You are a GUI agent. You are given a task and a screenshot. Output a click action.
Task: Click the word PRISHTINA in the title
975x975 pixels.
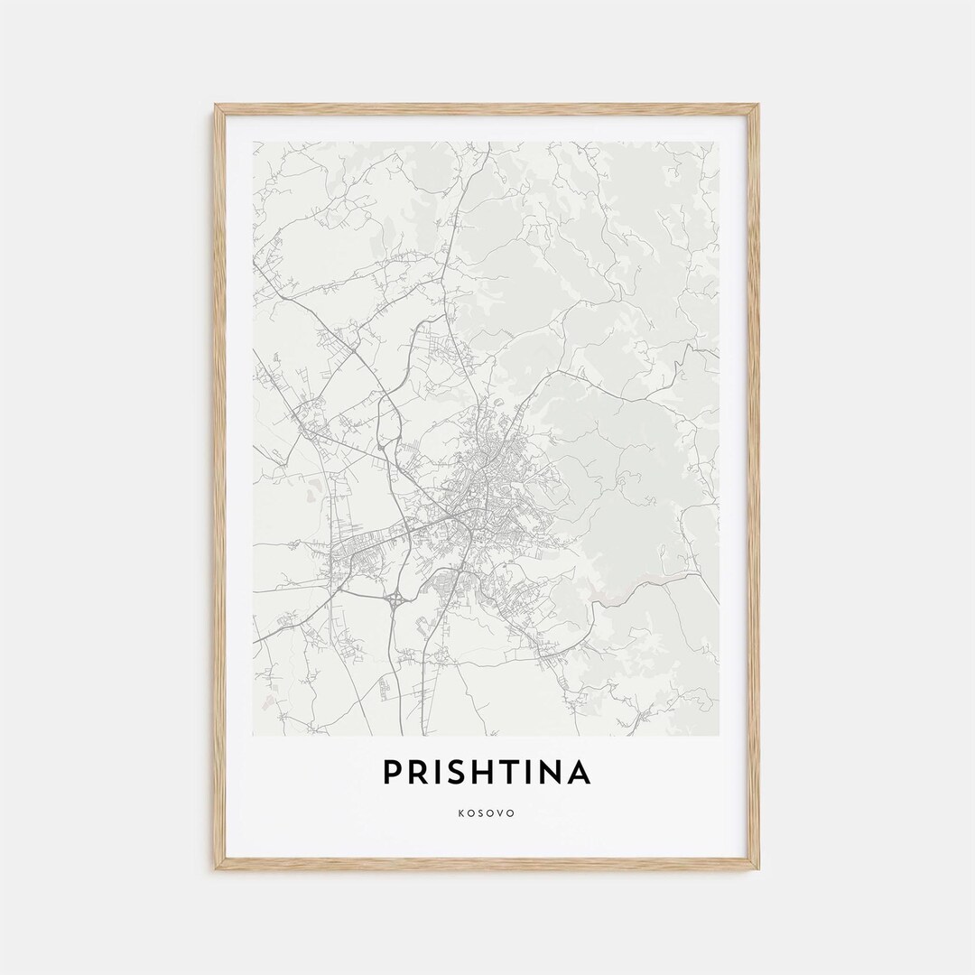[x=487, y=773]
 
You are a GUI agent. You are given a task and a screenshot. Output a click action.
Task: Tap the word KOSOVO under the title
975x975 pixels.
[x=487, y=813]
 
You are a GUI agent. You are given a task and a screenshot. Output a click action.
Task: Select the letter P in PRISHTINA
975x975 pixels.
[x=392, y=773]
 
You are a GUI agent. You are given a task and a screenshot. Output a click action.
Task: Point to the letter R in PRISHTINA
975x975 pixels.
[x=416, y=773]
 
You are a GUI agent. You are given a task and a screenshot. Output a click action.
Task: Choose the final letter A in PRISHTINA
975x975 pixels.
[x=579, y=773]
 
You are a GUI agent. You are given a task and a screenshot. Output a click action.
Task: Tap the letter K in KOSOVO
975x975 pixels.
[x=461, y=813]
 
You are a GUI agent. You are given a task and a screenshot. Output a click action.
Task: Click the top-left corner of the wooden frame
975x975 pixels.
[x=216, y=106]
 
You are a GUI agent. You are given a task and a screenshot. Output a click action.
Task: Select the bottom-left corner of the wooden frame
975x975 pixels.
[x=216, y=868]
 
